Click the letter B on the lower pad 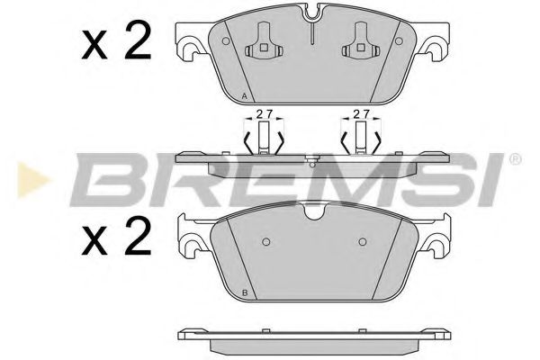tap(246, 294)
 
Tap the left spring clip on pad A tap(263, 41)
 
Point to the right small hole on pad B tap(362, 241)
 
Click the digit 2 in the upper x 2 tap(136, 41)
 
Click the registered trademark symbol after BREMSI tap(515, 159)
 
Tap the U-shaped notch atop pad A tap(311, 14)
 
